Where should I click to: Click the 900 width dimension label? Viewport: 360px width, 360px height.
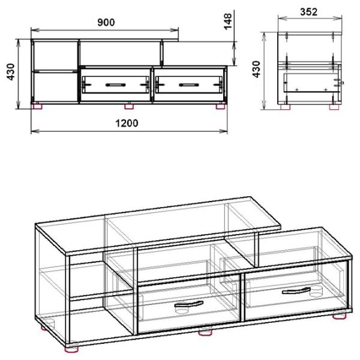tap(106, 22)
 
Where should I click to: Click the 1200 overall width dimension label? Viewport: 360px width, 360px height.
tap(127, 123)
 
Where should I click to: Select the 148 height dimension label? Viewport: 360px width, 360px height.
tap(228, 22)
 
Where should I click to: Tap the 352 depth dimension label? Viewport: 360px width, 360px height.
tap(309, 12)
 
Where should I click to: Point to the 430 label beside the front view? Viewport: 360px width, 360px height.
tap(11, 72)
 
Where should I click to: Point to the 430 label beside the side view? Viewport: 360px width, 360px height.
tap(256, 70)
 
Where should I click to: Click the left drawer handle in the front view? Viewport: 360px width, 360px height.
tap(115, 85)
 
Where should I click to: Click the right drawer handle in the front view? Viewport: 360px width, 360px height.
tap(189, 85)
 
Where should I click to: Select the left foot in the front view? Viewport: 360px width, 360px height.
tap(38, 107)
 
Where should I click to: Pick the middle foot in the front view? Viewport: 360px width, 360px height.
tap(129, 107)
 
